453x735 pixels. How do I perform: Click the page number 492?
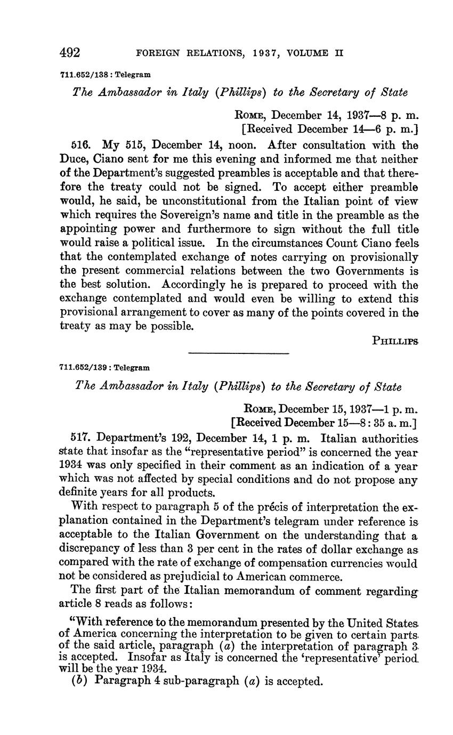[69, 53]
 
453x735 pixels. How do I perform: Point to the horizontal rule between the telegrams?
[238, 353]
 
